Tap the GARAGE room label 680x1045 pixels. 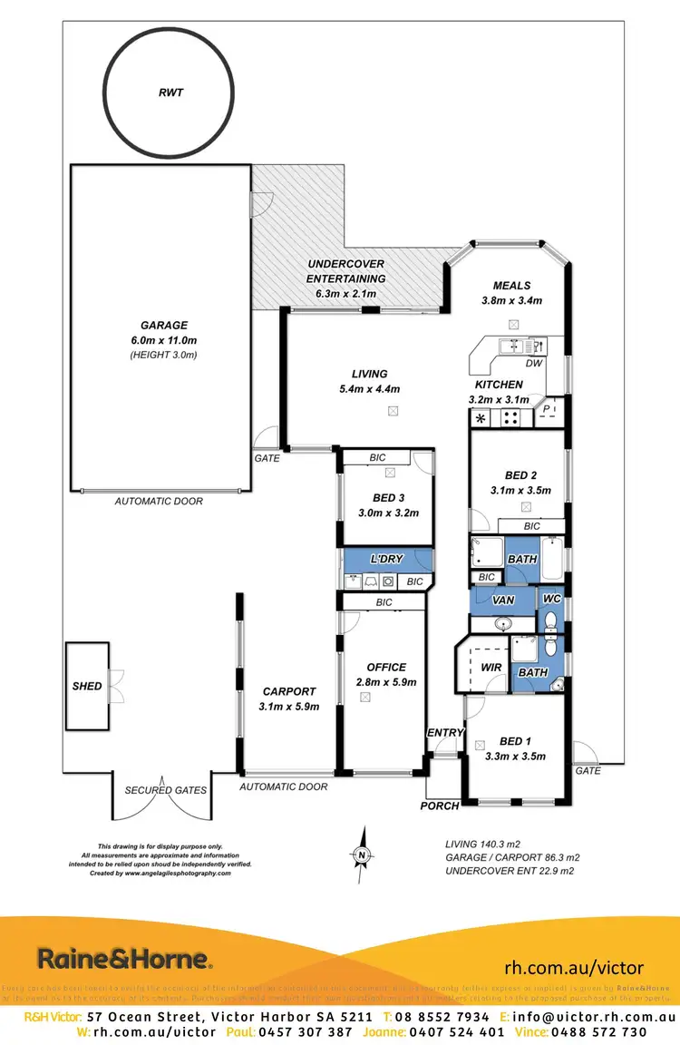coord(163,325)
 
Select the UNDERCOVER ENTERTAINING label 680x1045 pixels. coord(345,271)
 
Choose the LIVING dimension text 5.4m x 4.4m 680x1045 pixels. coord(369,389)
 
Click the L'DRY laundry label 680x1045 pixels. coord(386,559)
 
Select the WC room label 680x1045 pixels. coord(550,599)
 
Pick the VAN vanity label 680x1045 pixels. coord(503,600)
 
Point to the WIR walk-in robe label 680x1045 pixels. coord(491,667)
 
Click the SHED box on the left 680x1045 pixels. coord(87,686)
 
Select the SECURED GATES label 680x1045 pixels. coord(165,790)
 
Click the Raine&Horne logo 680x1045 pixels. coord(124,958)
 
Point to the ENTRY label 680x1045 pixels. coord(445,733)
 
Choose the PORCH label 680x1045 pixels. coord(439,806)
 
